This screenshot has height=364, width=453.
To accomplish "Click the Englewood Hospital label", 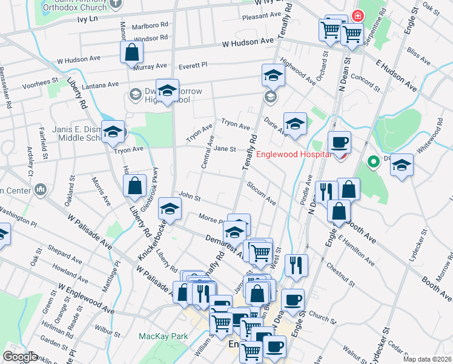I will click(293, 154).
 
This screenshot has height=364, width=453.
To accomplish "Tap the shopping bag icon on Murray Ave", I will click(131, 53).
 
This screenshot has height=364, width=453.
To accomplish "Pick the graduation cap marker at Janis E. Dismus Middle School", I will click(113, 132).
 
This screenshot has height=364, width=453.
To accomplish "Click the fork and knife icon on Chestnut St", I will click(296, 265).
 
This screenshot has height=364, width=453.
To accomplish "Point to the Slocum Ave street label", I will click(261, 192).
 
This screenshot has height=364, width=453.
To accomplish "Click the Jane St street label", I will click(224, 149).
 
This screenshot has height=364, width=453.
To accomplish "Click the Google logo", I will click(21, 357).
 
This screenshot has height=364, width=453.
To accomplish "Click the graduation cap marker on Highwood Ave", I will click(273, 76).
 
